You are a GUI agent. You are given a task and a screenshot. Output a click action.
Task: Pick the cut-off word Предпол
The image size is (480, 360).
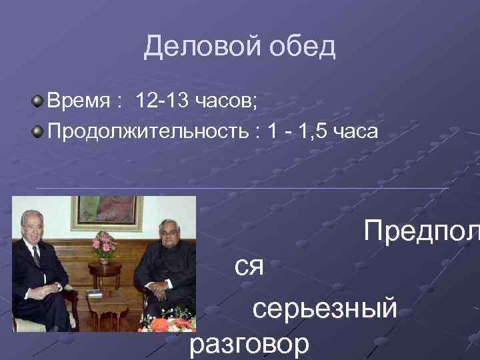point(421,232)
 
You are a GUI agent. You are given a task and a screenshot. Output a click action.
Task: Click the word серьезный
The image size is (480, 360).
point(325,309)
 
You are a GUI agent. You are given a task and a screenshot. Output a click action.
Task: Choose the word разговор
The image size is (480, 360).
point(249,345)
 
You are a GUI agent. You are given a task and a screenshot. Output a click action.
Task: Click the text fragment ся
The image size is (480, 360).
point(249,268)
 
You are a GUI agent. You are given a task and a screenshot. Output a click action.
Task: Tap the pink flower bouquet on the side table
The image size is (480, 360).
point(105,245)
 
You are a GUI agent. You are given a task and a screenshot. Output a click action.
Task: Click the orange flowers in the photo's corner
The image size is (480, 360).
point(160,324)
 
